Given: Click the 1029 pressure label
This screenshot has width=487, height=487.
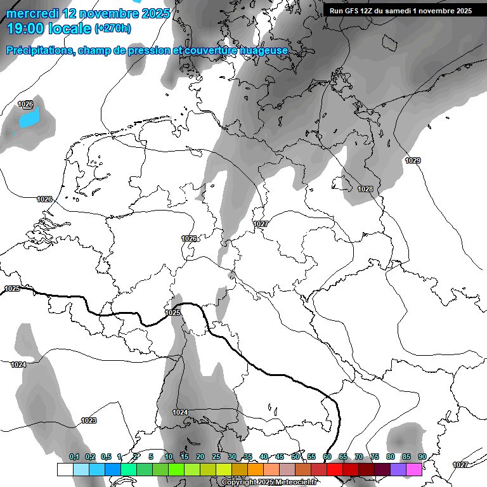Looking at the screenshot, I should [413, 160].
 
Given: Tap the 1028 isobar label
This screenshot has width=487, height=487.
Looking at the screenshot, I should [365, 189].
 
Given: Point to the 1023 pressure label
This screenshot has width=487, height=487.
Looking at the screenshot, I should [89, 420].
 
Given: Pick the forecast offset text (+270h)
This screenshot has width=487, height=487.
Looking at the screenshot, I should [113, 29].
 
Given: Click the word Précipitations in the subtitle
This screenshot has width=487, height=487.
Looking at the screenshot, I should [39, 50].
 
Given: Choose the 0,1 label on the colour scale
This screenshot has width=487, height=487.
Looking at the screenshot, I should [74, 457].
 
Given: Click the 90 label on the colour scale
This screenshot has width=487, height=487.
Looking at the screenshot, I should [422, 457].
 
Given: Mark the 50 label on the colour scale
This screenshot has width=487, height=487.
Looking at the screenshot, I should [295, 457].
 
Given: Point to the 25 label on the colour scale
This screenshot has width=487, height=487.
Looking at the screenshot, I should [216, 457].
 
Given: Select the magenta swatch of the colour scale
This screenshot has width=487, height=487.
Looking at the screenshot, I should [414, 469].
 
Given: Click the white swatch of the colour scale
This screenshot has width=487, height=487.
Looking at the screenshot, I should [65, 469].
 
